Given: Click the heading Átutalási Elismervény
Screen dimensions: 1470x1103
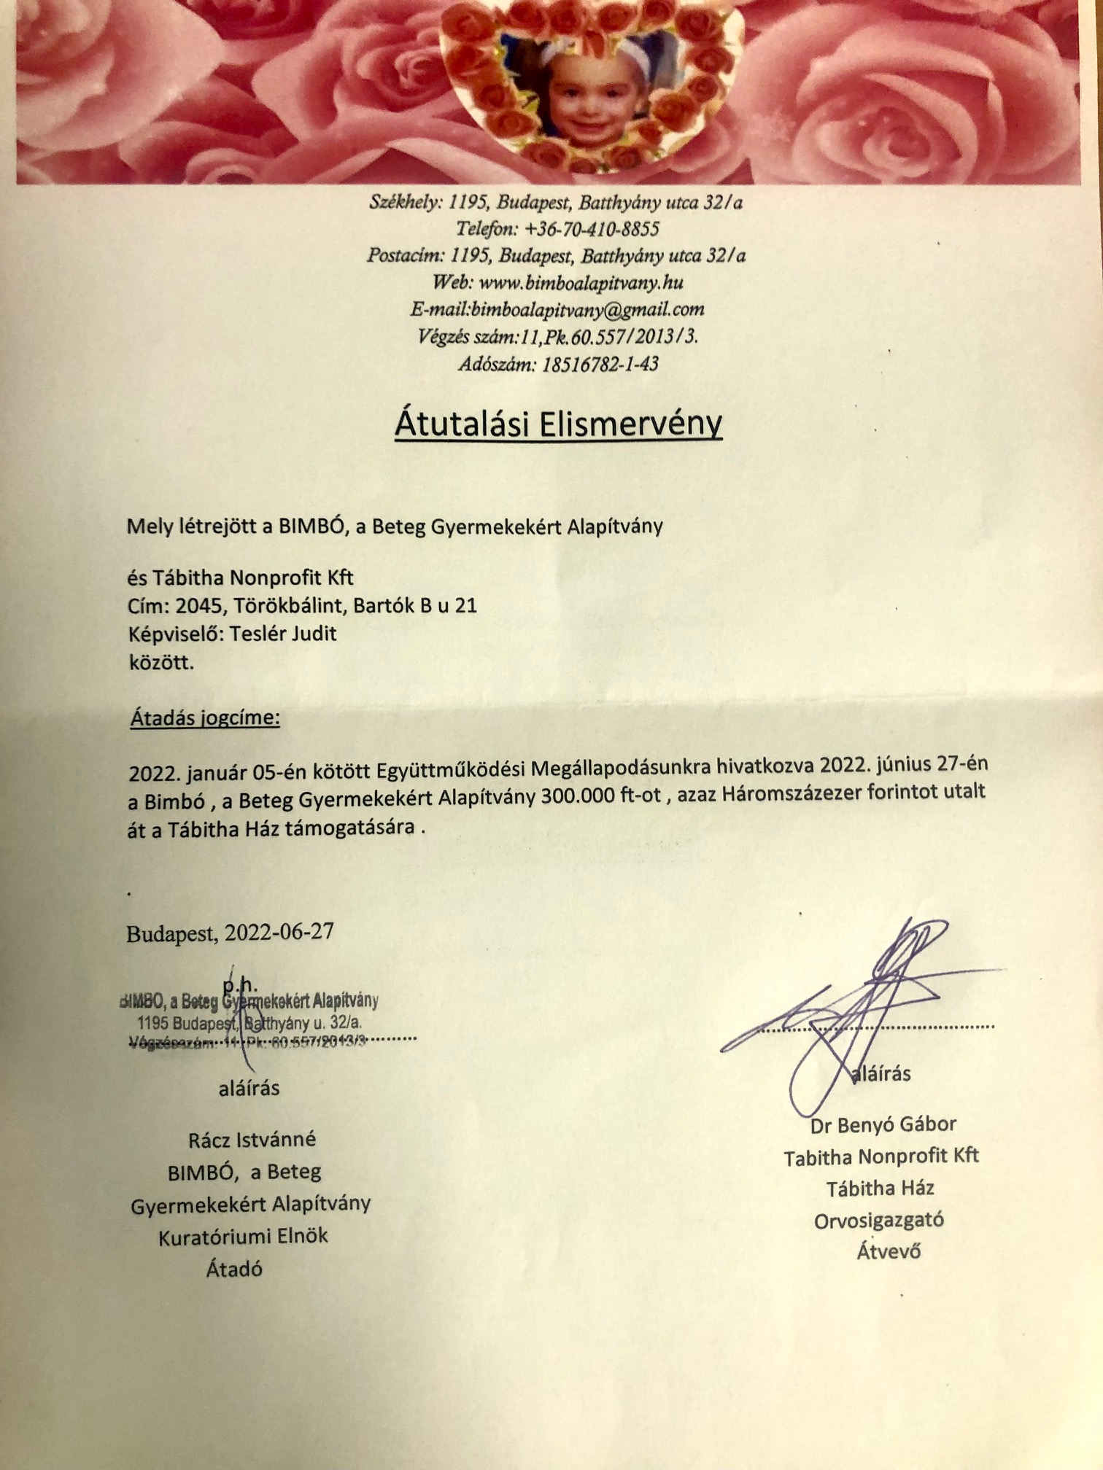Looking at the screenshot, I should tap(558, 424).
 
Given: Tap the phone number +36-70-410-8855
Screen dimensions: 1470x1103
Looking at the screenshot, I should tap(592, 229).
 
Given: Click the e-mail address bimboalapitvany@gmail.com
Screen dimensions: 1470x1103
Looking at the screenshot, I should tap(587, 309).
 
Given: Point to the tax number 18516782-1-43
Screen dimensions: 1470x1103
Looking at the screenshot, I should tap(600, 363).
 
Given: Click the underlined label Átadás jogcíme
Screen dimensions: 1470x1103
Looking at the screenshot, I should tap(205, 718).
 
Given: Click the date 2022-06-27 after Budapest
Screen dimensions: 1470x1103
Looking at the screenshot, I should tap(279, 933).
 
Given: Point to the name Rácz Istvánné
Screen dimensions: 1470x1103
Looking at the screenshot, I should tap(252, 1139).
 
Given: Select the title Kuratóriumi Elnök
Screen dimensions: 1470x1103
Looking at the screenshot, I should tap(243, 1236).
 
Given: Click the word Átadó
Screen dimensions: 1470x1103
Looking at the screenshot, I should tap(234, 1269).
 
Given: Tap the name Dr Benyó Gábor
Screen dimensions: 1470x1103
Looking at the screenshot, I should tap(883, 1124).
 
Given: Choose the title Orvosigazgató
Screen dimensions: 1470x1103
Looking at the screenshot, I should tap(878, 1219).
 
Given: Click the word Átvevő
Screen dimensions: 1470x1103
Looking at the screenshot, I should tap(888, 1251).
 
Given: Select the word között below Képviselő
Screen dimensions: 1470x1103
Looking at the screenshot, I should tap(160, 664).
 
